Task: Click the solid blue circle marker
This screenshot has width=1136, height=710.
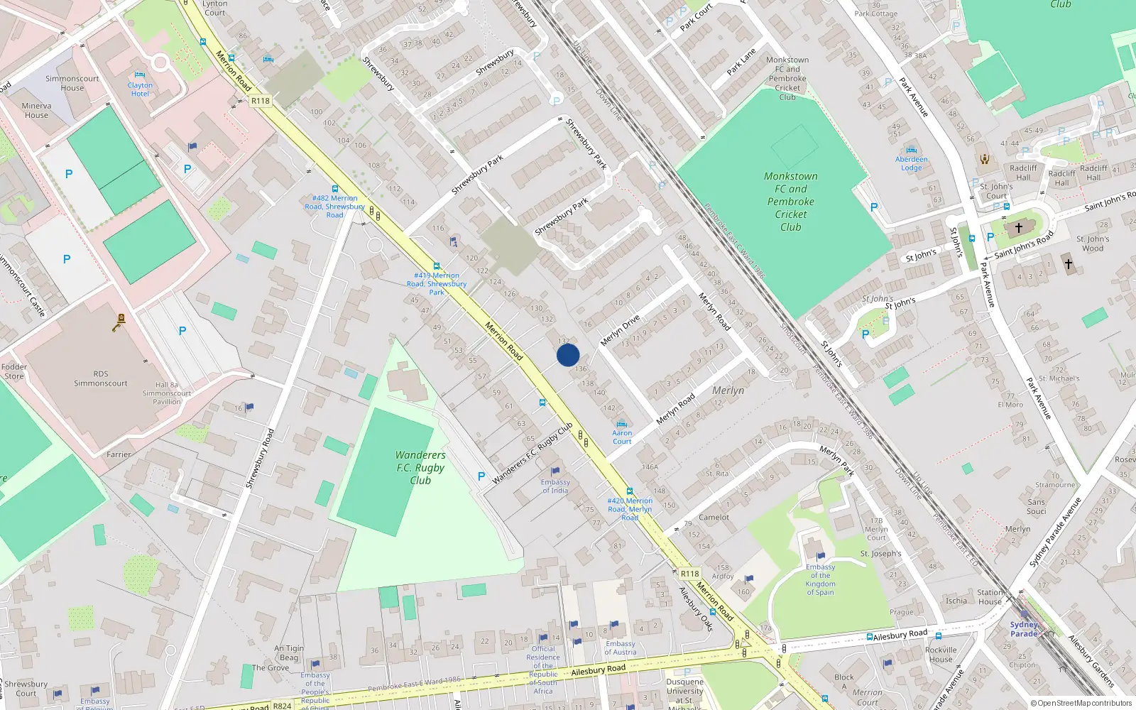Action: pos(568,355)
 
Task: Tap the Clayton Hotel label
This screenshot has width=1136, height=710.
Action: pos(140,89)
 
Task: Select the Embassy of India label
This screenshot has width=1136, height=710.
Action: pos(555,486)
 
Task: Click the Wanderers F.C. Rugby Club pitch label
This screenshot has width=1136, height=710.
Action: pos(420,467)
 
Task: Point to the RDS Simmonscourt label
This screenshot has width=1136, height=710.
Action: pos(101,378)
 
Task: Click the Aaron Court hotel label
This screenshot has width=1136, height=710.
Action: pos(622,437)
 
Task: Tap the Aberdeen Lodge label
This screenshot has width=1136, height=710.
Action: pos(911,163)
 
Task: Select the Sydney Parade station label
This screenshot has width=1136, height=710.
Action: pos(1024,629)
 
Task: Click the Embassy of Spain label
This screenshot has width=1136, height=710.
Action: pos(820,579)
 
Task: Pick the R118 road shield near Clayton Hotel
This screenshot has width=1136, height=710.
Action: pos(261,101)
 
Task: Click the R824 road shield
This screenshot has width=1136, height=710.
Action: pos(283,705)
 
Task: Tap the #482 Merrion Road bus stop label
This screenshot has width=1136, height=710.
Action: pos(334,207)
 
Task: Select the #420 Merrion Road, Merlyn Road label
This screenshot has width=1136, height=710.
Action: pos(630,508)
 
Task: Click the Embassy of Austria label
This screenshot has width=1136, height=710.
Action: pos(621,648)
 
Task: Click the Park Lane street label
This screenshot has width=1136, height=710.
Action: pos(742,62)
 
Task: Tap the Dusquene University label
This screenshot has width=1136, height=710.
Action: pos(685,690)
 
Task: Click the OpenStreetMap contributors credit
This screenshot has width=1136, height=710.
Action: pos(1081,703)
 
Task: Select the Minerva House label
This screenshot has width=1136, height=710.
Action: pos(36,110)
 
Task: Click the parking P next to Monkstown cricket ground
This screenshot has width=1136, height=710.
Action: pos(874,207)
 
